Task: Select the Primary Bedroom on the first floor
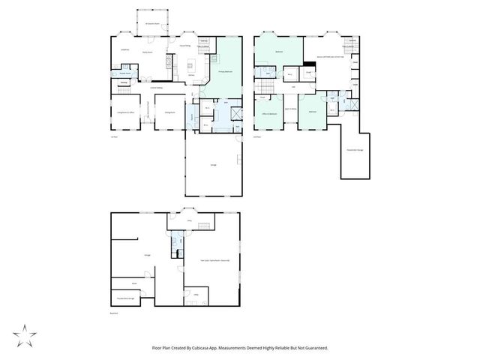point(224,72)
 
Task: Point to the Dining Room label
point(171,112)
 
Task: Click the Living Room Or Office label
point(124,112)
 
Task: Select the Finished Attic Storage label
point(355,151)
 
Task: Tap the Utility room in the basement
point(196,295)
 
